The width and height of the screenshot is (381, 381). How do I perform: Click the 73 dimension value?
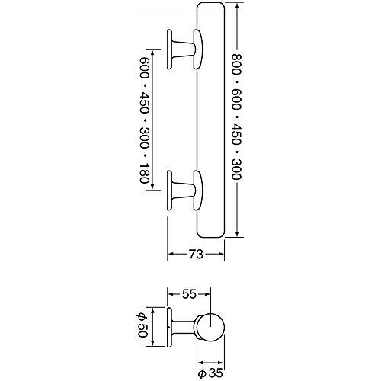click(x=196, y=254)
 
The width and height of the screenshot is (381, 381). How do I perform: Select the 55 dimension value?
click(x=189, y=294)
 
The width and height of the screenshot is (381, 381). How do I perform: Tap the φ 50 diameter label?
click(x=142, y=325)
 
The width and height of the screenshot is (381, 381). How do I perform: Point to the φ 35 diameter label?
click(x=210, y=373)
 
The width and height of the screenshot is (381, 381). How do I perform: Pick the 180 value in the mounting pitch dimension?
click(x=144, y=174)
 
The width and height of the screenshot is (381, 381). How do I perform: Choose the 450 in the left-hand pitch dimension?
click(x=144, y=103)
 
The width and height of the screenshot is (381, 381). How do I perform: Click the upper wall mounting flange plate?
click(x=169, y=50)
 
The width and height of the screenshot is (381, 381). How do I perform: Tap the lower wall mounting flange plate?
click(x=169, y=190)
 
